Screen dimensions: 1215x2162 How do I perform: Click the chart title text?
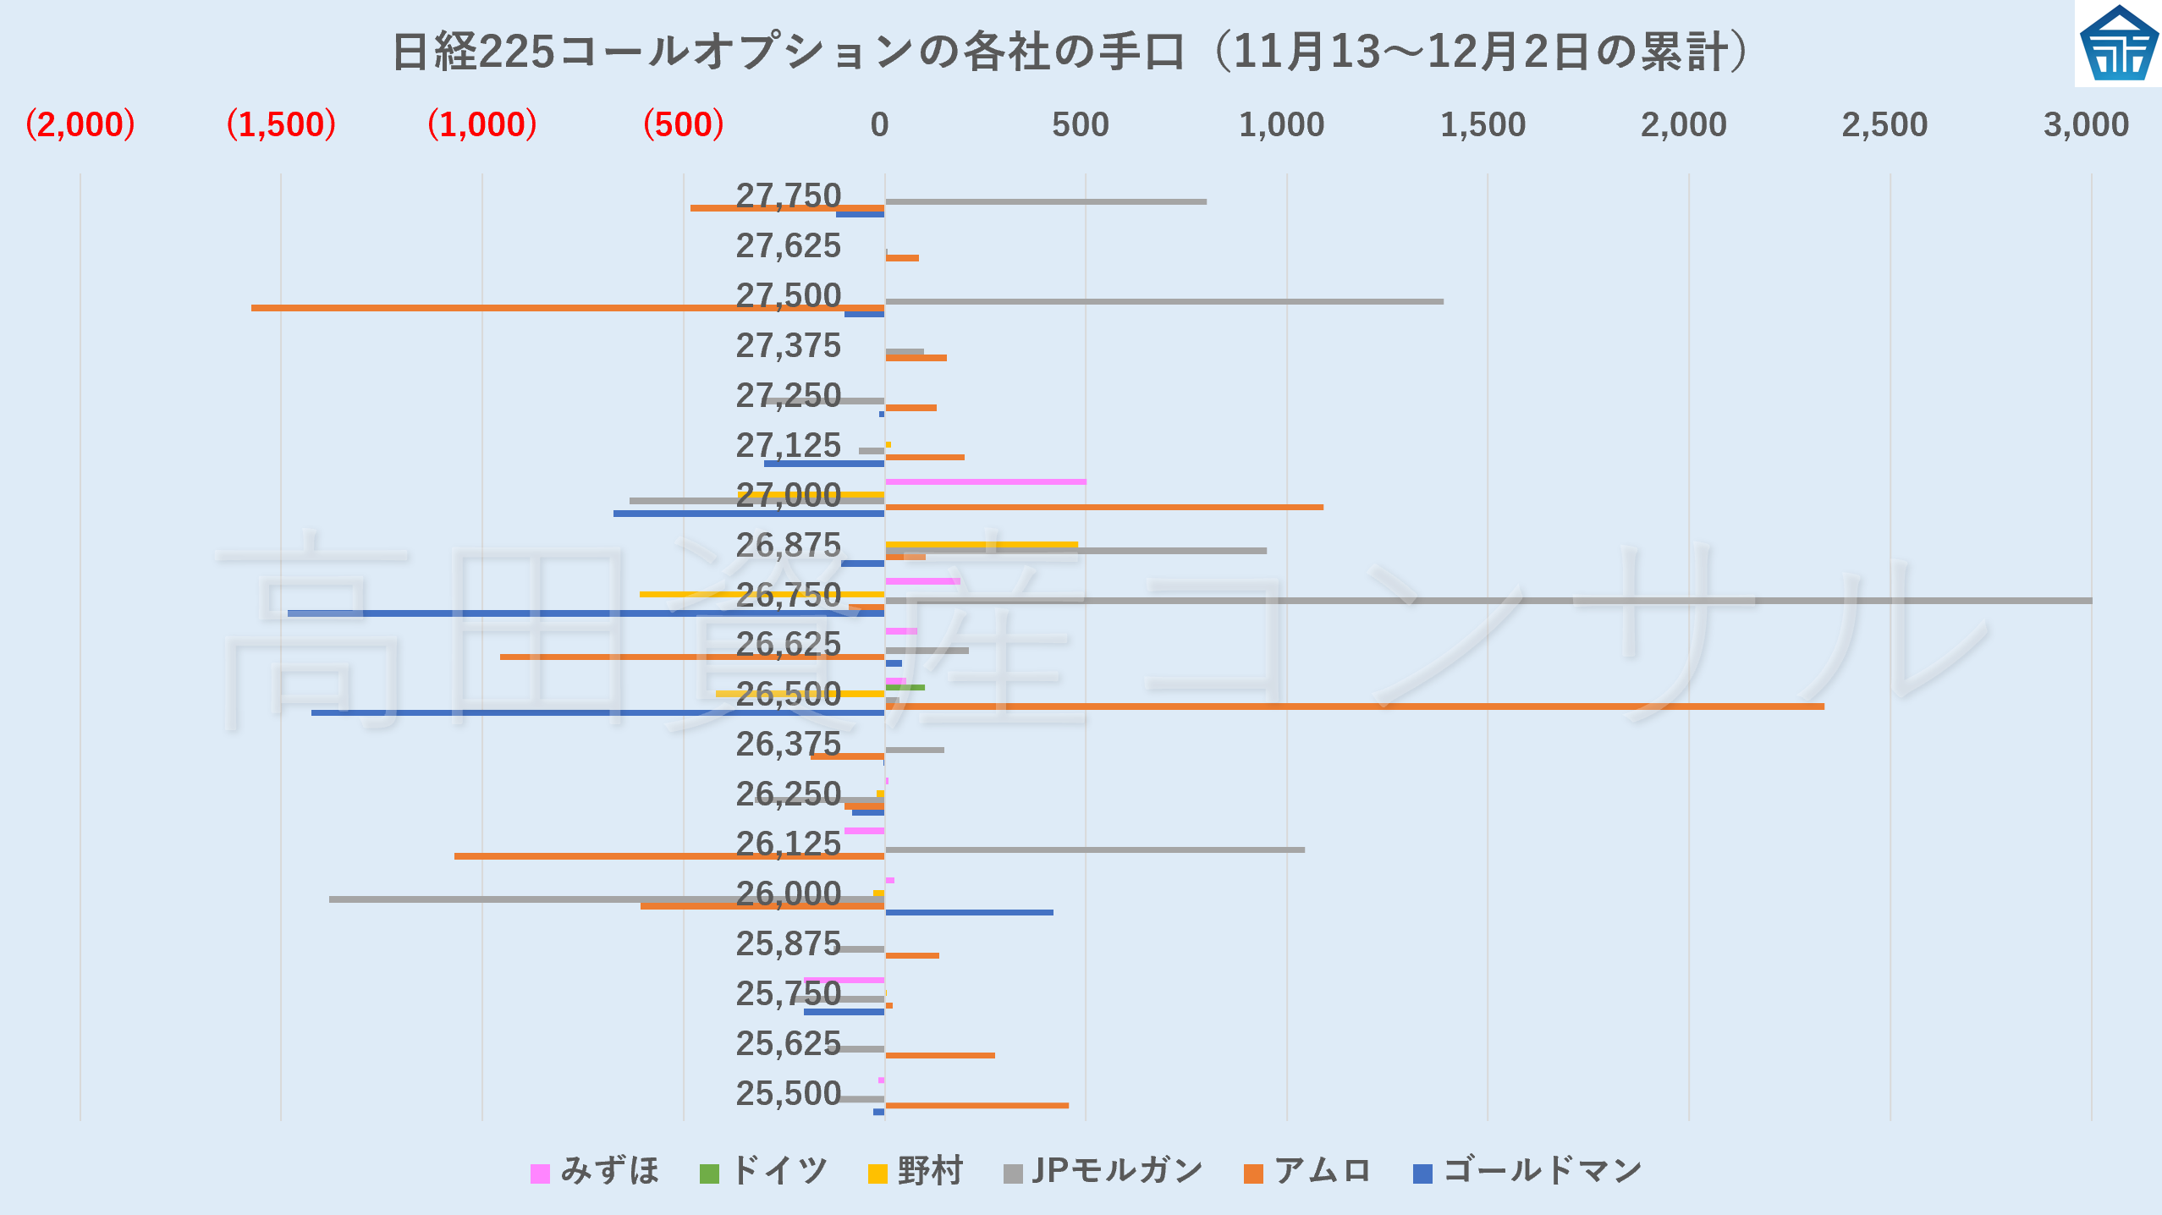(x=1070, y=52)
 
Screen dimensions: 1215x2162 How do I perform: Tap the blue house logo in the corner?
(x=2118, y=44)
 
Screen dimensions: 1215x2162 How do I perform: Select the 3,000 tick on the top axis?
(x=2085, y=125)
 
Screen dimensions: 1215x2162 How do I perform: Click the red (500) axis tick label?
(x=683, y=125)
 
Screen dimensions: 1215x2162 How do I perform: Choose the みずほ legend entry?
(x=595, y=1172)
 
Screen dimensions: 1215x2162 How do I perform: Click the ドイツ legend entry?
(x=764, y=1172)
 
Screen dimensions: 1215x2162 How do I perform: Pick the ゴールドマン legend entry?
(x=1527, y=1172)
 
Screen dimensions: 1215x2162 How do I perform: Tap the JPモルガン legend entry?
(x=1103, y=1172)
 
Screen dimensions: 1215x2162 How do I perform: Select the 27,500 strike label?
(x=788, y=296)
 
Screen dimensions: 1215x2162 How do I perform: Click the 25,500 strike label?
(x=788, y=1094)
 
